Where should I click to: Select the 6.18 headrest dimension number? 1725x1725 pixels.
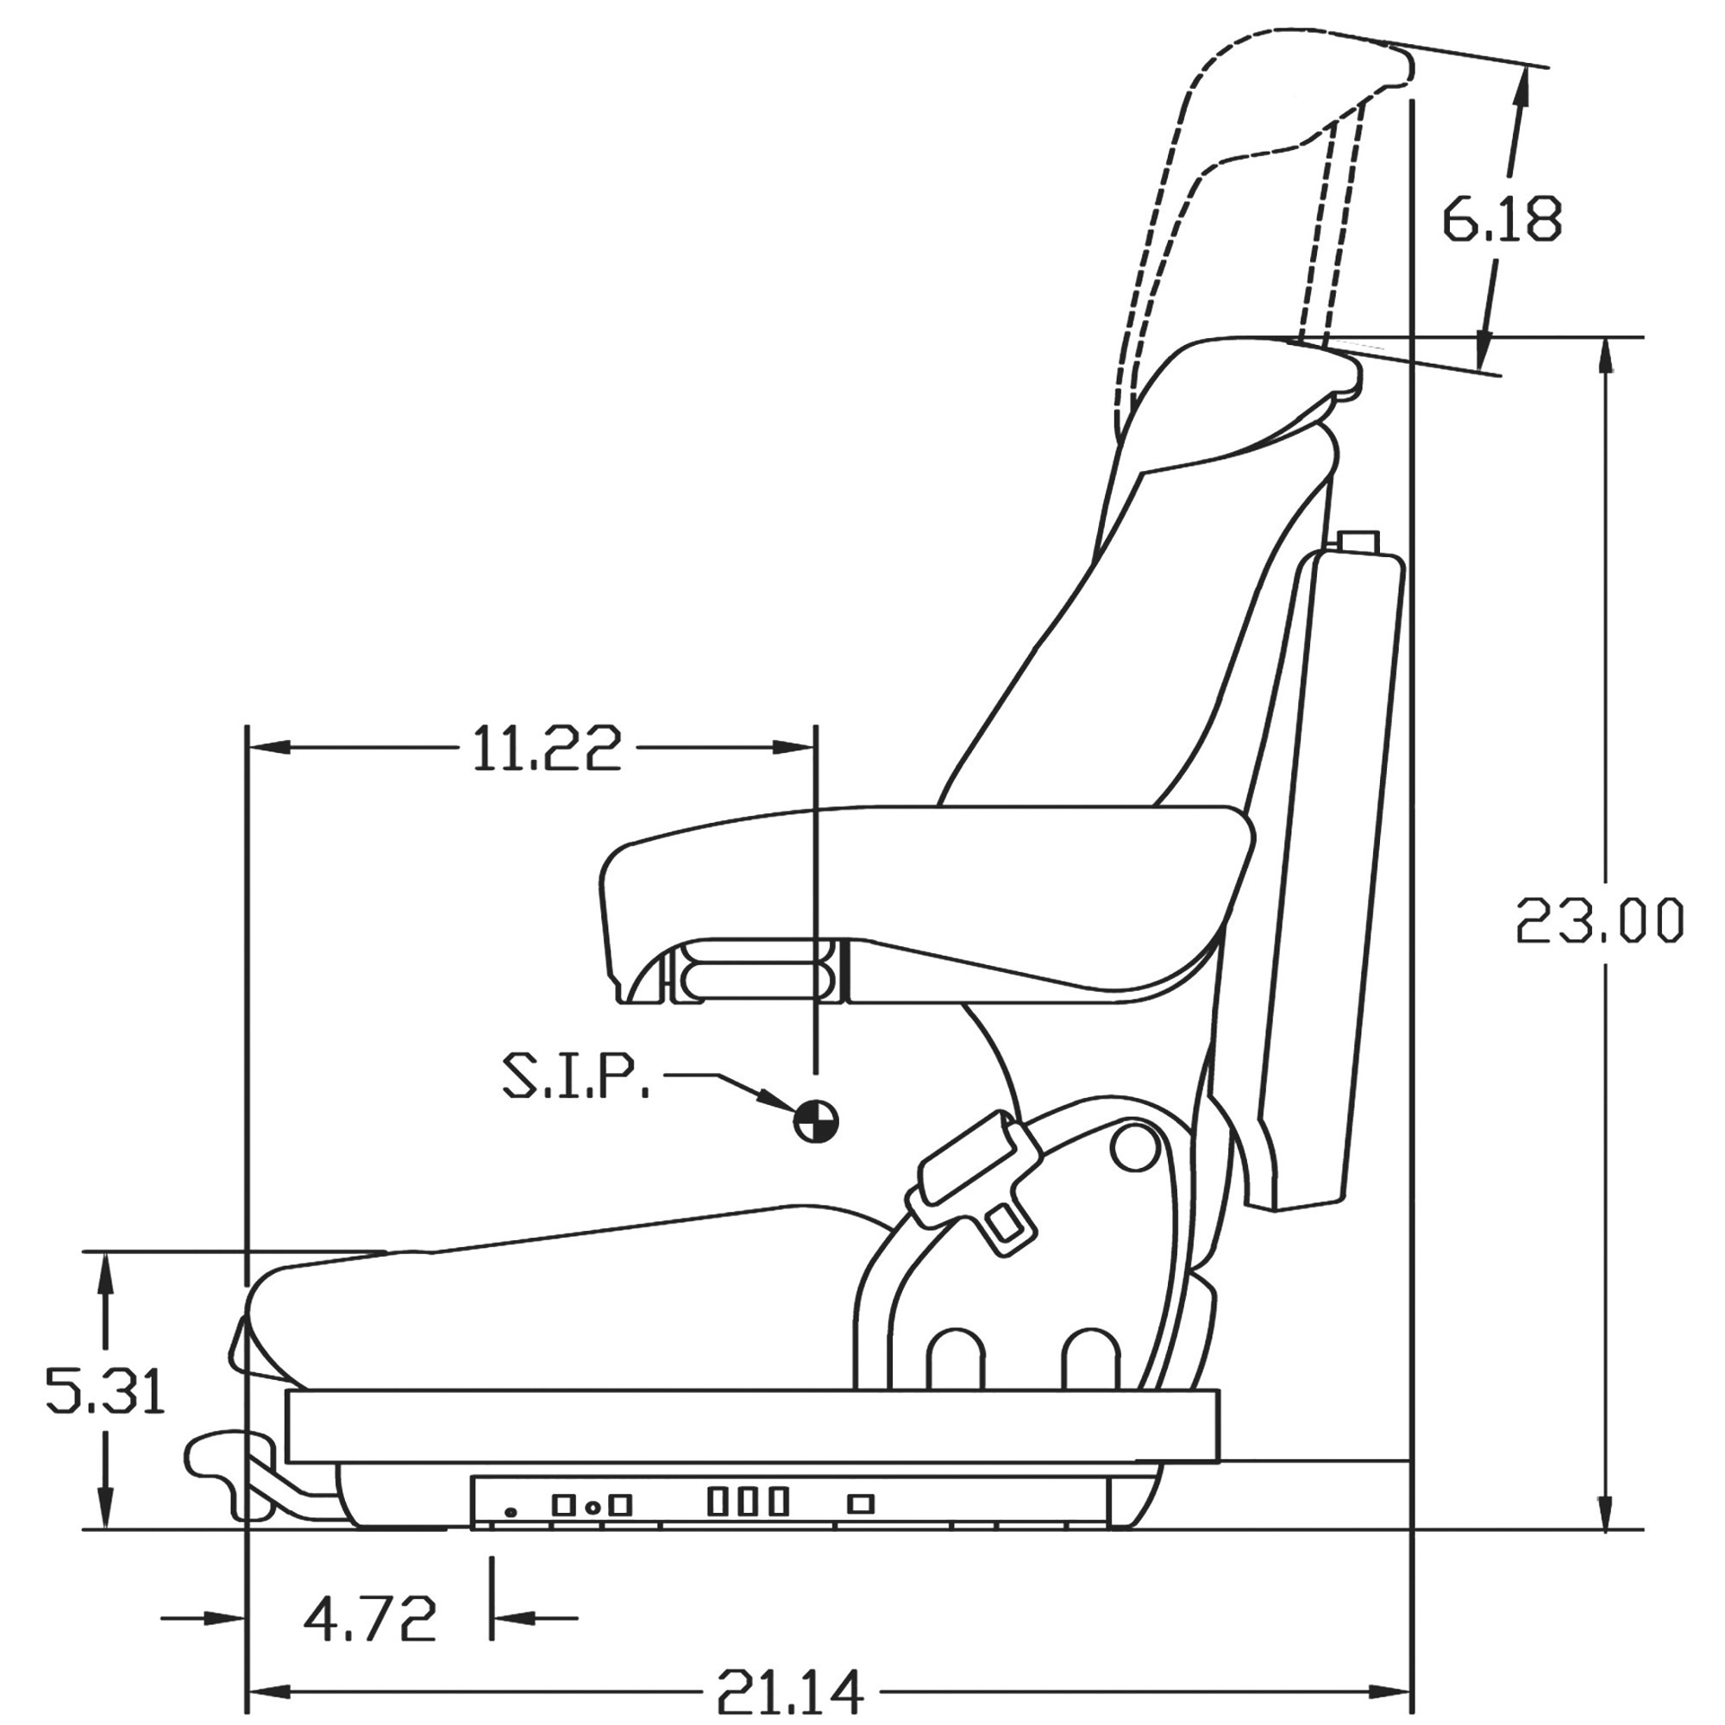tap(1502, 219)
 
